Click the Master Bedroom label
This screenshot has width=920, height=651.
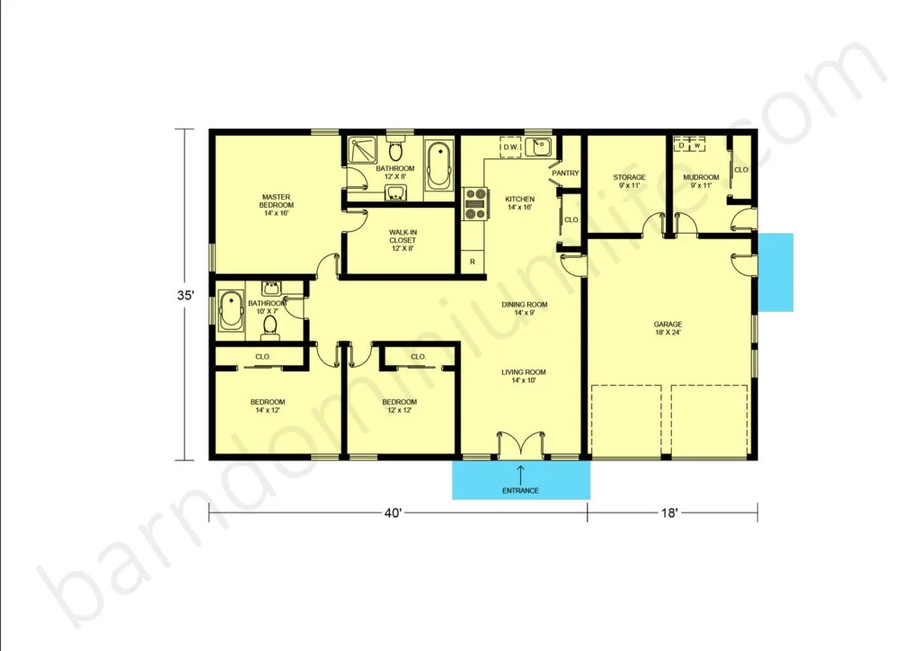[276, 205]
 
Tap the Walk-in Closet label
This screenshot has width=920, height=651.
[402, 240]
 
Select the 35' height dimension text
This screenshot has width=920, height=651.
[185, 295]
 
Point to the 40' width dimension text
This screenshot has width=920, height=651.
[394, 513]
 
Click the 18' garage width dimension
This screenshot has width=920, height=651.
[669, 513]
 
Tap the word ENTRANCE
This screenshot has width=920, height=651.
[520, 491]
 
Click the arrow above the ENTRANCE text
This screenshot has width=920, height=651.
[520, 474]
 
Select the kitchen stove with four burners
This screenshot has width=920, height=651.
[476, 204]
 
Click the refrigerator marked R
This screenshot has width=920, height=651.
[473, 262]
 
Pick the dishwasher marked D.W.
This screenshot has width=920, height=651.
[511, 147]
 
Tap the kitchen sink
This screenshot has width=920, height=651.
[538, 147]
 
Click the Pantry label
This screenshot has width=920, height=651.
[566, 174]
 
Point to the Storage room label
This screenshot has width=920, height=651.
[629, 181]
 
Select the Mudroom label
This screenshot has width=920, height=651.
[701, 181]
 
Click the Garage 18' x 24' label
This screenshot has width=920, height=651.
[668, 328]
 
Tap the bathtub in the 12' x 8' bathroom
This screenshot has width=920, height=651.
[438, 165]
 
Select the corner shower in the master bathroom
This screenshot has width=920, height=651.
[363, 150]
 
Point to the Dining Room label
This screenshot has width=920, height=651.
[525, 308]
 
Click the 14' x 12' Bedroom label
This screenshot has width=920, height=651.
[268, 406]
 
